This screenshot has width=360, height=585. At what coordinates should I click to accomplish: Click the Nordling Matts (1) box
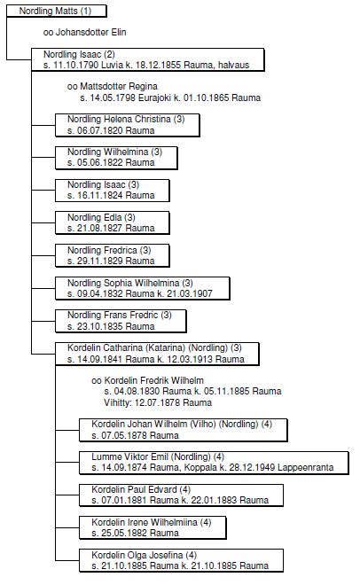[57, 12]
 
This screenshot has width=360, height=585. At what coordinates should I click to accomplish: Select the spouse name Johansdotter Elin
[91, 33]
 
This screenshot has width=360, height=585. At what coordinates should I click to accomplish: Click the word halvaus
[233, 66]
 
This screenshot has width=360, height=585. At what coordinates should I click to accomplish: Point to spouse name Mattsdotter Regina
[119, 87]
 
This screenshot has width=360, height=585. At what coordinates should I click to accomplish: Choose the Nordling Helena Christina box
[128, 125]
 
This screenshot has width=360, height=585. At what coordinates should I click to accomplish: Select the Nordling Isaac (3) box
[113, 191]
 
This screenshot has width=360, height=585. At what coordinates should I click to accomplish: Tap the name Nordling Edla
[95, 217]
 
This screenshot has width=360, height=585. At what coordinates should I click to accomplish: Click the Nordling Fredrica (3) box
[113, 256]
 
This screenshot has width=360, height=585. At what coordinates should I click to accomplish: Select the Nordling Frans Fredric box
[121, 321]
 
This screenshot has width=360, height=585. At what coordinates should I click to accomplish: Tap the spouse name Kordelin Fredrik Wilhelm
[153, 380]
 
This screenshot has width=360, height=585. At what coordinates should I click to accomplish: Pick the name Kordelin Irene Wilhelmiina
[145, 522]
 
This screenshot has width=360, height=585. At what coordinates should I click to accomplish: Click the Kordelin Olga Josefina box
[181, 561]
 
